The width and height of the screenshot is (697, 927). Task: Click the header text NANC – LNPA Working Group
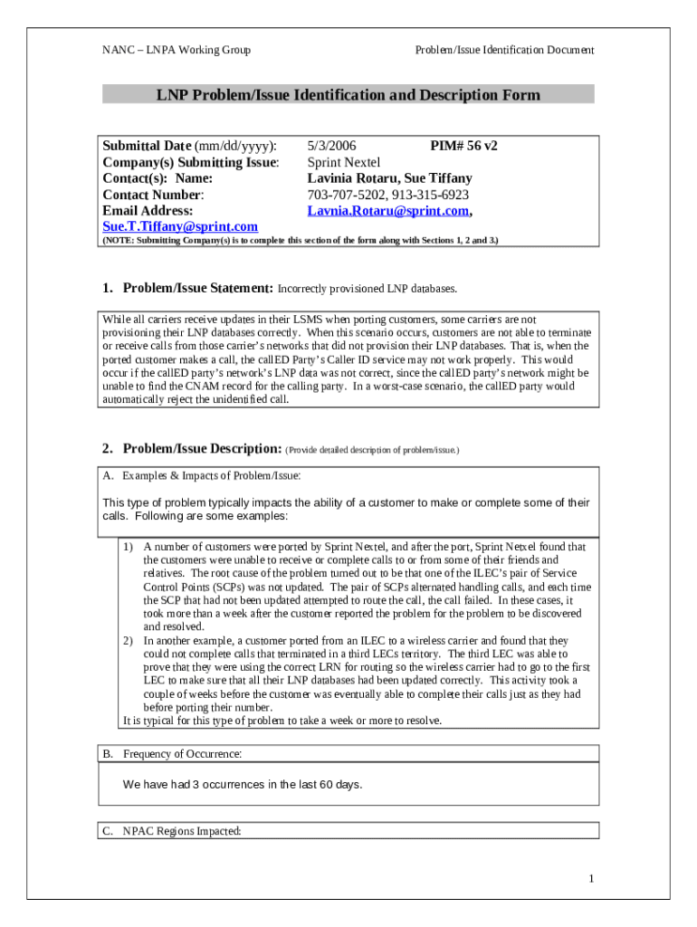pos(177,50)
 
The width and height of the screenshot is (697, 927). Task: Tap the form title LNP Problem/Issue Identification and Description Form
pos(348,95)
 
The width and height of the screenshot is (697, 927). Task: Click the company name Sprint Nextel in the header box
pos(345,163)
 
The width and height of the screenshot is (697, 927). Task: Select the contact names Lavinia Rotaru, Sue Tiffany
pos(389,179)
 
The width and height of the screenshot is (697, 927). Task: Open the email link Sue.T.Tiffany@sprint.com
pos(180,226)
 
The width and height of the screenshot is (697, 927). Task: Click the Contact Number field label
pos(153,195)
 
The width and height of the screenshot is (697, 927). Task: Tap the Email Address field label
pos(148,211)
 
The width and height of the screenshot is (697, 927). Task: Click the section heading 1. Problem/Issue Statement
pos(187,289)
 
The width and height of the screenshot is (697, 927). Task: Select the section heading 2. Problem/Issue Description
pos(192,449)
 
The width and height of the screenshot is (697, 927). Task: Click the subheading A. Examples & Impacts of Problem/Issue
pos(201,475)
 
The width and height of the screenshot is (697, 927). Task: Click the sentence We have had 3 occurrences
pos(243,785)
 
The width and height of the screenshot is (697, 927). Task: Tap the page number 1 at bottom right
pos(590,879)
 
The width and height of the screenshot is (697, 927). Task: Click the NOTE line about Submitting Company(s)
pos(300,241)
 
